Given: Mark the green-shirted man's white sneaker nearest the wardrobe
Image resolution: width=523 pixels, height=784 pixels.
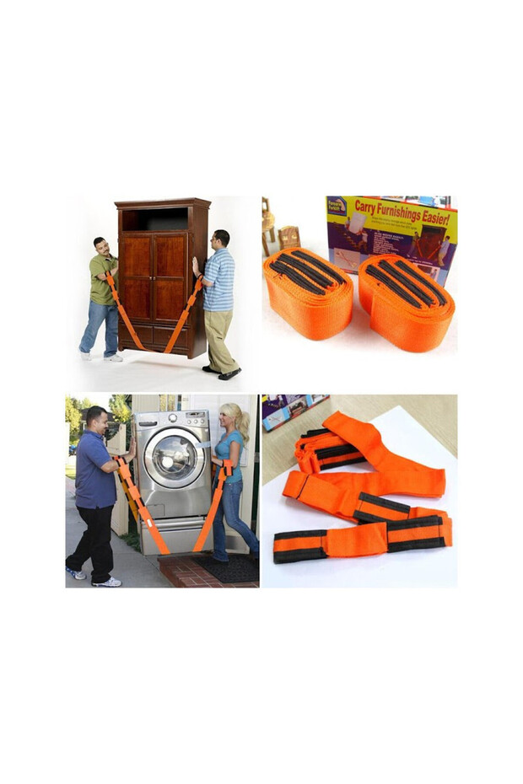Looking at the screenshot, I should (114, 358).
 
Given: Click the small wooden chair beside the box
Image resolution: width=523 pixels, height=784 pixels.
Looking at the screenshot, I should (289, 236).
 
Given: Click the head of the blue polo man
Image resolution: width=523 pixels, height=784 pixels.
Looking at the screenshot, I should (96, 417).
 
